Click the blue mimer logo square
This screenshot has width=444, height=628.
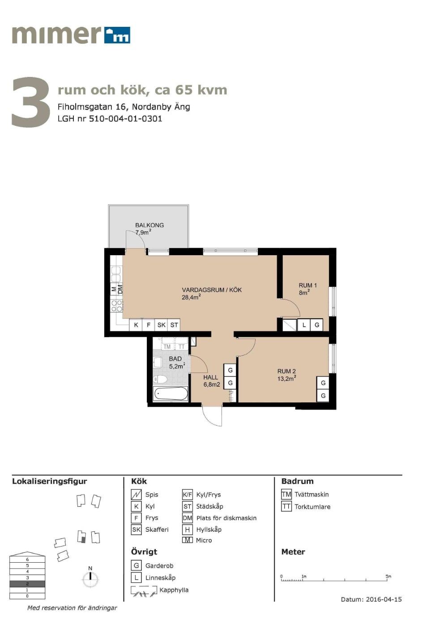pyautogui.click(x=117, y=35)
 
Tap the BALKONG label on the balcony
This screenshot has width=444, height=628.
pyautogui.click(x=149, y=225)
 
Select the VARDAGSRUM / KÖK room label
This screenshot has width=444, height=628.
pyautogui.click(x=212, y=290)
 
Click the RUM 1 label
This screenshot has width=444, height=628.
pyautogui.click(x=307, y=286)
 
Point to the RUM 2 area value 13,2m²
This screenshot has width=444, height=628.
pyautogui.click(x=287, y=379)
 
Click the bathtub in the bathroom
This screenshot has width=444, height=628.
pyautogui.click(x=171, y=393)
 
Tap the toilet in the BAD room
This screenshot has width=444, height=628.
pyautogui.click(x=160, y=379)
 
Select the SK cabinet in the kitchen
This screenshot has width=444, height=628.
pyautogui.click(x=161, y=325)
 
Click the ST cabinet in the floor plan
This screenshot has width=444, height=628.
pyautogui.click(x=174, y=325)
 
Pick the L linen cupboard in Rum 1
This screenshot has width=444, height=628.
pyautogui.click(x=304, y=325)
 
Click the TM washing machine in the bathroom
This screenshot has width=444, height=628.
pyautogui.click(x=167, y=346)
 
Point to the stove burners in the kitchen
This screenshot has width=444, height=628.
pyautogui.click(x=117, y=306)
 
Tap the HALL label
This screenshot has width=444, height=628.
pyautogui.click(x=210, y=377)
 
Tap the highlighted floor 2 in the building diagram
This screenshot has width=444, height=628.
pyautogui.click(x=27, y=584)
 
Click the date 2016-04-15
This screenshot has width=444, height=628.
pyautogui.click(x=384, y=599)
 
